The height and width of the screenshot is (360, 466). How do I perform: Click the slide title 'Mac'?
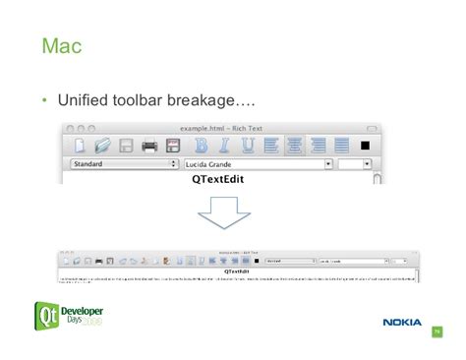click(62, 46)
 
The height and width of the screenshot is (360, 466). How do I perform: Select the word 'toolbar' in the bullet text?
click(139, 101)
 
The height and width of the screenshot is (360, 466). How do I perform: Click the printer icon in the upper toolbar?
click(149, 147)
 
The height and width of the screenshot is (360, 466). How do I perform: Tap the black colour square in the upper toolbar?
click(366, 146)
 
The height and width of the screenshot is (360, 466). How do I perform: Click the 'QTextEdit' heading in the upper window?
click(218, 180)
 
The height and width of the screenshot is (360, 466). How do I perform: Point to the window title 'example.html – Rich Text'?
click(219, 129)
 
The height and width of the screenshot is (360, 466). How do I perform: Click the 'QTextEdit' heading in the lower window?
click(236, 271)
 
